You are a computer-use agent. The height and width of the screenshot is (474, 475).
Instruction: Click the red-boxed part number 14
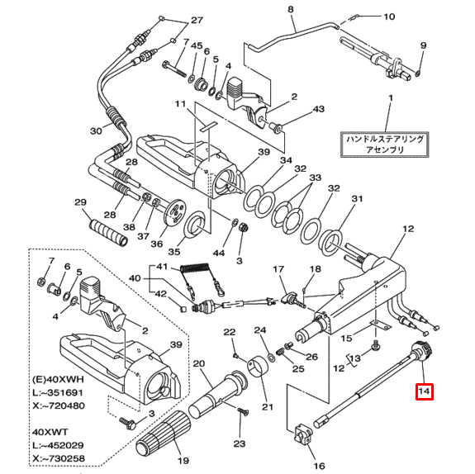[424, 392]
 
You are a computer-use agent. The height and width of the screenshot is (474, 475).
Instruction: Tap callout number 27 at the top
[196, 20]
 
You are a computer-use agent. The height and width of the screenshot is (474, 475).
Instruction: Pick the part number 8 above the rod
[290, 10]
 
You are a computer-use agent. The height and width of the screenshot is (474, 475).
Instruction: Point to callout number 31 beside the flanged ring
[357, 199]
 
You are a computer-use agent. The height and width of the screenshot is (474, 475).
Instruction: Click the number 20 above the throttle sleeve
[199, 363]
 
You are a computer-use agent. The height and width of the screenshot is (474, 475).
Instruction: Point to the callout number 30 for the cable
[95, 130]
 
